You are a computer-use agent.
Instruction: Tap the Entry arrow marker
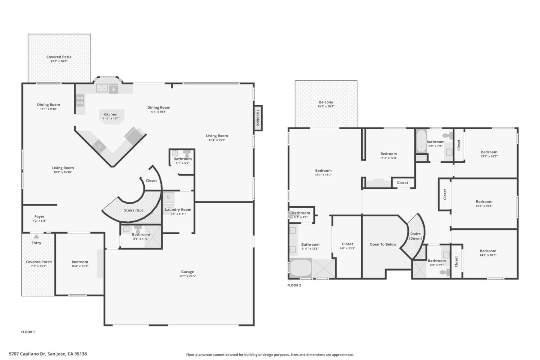[x=36, y=237]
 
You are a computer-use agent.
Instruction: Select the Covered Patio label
[x=59, y=57]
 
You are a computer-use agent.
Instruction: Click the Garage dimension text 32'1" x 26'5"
[x=187, y=276]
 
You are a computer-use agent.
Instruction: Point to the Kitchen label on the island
[x=110, y=114]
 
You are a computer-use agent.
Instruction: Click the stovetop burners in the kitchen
[x=80, y=100]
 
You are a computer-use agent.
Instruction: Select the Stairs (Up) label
[x=133, y=210]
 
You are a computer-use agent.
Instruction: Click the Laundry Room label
[x=178, y=210]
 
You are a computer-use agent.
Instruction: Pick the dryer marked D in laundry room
[x=168, y=197]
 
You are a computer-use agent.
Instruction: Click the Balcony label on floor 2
[x=326, y=102]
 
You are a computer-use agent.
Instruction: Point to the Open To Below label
[x=383, y=244]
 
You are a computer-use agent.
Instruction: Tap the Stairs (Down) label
[x=415, y=236]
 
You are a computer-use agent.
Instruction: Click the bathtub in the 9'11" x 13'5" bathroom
[x=301, y=268]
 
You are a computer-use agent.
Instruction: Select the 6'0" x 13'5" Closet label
[x=347, y=244]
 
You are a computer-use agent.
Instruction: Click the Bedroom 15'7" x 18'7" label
[x=323, y=171]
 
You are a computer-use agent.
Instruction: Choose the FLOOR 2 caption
[x=294, y=285]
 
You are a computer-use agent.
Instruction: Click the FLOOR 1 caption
[x=28, y=332]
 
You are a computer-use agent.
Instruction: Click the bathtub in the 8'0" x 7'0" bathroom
[x=421, y=142]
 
